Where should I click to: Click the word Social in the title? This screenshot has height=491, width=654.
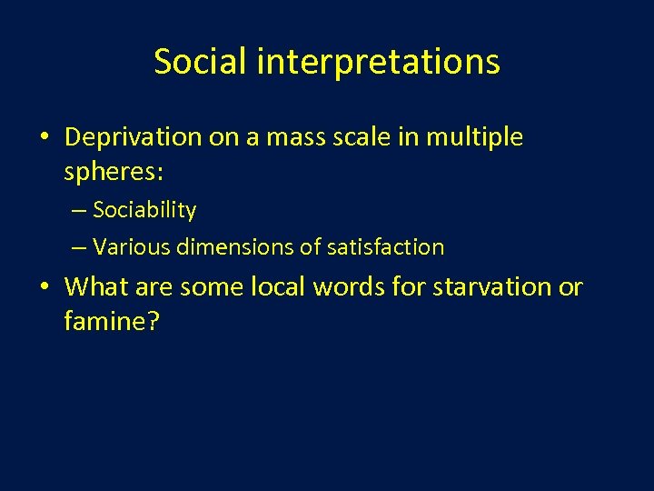(x=200, y=62)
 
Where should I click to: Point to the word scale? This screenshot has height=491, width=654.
(x=338, y=137)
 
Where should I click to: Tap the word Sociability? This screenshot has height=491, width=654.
(x=144, y=210)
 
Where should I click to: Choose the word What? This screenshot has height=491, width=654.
(x=94, y=287)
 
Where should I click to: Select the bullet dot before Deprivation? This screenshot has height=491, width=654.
(x=45, y=138)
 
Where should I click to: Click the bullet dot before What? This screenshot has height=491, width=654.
(x=45, y=288)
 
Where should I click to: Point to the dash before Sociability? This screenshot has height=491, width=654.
(x=79, y=211)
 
